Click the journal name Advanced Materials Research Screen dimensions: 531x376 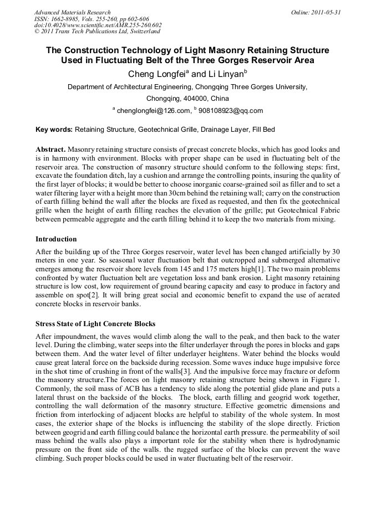(72, 12)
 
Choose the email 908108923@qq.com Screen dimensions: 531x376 (231, 111)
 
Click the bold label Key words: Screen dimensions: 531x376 (54, 130)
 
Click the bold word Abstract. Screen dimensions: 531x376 (50, 149)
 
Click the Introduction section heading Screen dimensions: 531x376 (56, 239)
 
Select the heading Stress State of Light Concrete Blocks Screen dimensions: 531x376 (95, 324)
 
